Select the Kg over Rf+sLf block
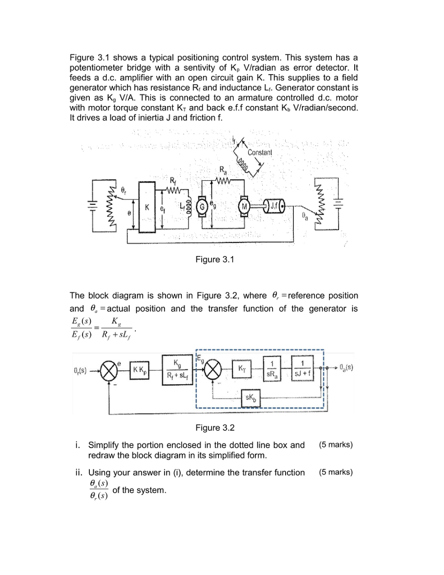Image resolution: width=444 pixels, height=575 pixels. [x=177, y=368]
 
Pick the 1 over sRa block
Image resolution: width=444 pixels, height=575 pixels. [x=273, y=368]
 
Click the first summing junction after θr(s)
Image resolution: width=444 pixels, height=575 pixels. [x=107, y=369]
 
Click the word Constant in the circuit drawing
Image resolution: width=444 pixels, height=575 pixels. [x=259, y=153]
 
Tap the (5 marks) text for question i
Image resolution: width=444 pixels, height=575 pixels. [x=335, y=445]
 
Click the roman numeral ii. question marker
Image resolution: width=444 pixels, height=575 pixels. [x=79, y=472]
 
